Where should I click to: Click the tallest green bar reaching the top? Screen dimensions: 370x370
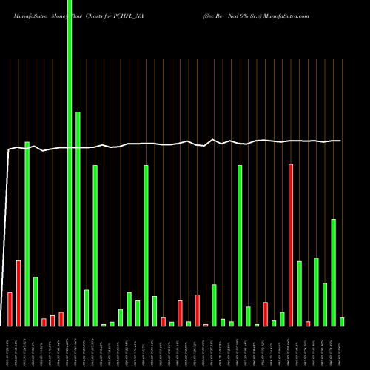tap(70, 163)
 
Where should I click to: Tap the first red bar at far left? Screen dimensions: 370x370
tap(10, 309)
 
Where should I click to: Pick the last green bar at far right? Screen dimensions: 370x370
tap(342, 321)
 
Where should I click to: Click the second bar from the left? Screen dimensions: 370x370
tap(18, 293)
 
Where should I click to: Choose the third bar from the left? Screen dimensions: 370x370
tap(27, 234)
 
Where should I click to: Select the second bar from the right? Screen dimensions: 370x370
tap(333, 272)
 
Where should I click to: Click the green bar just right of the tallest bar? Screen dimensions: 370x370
tap(78, 219)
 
